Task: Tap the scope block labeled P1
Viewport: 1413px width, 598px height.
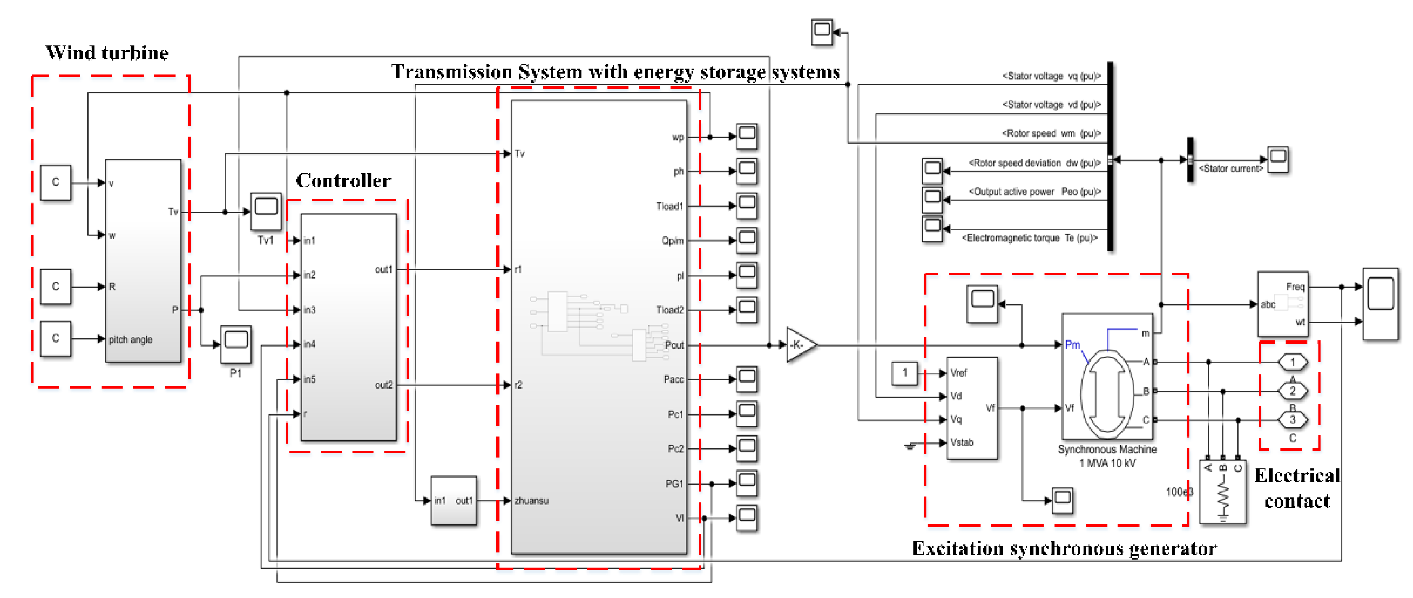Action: (236, 343)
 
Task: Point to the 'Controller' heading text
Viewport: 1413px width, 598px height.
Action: (343, 180)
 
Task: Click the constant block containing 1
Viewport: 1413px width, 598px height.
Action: (904, 373)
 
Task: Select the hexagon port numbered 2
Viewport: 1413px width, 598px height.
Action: (1293, 391)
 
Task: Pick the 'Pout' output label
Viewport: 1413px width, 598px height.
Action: (674, 345)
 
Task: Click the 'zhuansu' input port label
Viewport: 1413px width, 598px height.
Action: (531, 500)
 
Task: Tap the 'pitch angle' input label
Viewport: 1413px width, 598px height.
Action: (130, 339)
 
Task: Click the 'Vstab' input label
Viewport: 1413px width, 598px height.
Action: (962, 442)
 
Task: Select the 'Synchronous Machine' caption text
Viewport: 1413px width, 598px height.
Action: (1107, 449)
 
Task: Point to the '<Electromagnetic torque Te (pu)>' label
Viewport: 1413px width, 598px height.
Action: (1029, 238)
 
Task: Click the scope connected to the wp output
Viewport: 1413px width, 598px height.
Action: (747, 136)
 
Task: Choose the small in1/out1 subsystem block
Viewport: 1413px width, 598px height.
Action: (453, 500)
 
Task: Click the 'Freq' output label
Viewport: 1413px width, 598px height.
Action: (1295, 287)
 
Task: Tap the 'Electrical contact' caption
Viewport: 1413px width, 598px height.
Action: (1297, 488)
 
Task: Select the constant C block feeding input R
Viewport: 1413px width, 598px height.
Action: (56, 286)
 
